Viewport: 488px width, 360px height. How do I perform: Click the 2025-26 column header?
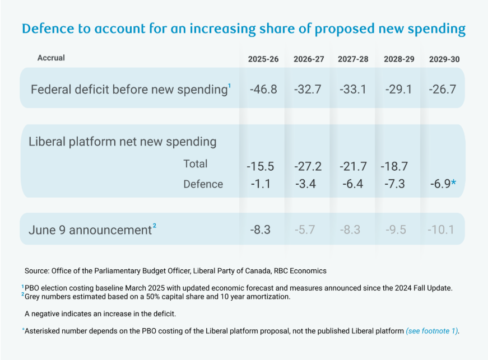coord(263,59)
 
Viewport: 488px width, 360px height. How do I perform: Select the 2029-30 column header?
coord(444,59)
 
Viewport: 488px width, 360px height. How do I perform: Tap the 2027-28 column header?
coord(353,59)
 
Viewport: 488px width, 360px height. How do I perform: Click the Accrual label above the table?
coord(51,58)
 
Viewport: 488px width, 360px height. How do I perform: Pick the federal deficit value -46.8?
coord(263,89)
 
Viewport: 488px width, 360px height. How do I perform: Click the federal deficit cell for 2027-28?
coord(353,89)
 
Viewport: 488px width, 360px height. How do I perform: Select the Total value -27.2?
coord(308,167)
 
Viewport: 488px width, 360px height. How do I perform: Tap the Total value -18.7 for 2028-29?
coord(394,167)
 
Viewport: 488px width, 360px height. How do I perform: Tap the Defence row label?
coord(203,184)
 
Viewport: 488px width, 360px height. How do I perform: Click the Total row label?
coord(195,164)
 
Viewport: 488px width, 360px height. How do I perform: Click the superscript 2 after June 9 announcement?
coord(154,226)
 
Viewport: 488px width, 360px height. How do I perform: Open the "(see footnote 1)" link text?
coord(432,331)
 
